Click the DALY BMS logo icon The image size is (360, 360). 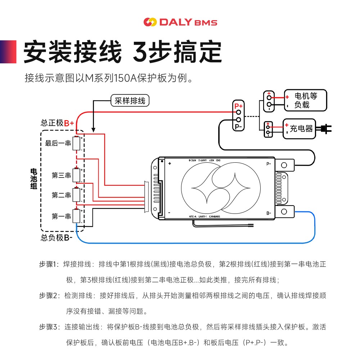click(x=150, y=22)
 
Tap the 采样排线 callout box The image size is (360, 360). click(x=130, y=100)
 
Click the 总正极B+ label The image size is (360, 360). click(x=57, y=123)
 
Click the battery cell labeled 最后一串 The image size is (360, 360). click(x=76, y=143)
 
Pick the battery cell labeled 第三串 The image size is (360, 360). click(x=76, y=175)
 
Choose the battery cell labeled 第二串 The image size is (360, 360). click(x=76, y=195)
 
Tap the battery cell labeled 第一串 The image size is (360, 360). click(x=76, y=216)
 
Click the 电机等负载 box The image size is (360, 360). click(x=305, y=100)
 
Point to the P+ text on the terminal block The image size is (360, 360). click(x=238, y=106)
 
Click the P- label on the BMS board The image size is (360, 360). click(x=269, y=164)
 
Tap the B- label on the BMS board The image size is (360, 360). click(x=269, y=213)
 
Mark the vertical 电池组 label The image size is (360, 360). click(x=33, y=179)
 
